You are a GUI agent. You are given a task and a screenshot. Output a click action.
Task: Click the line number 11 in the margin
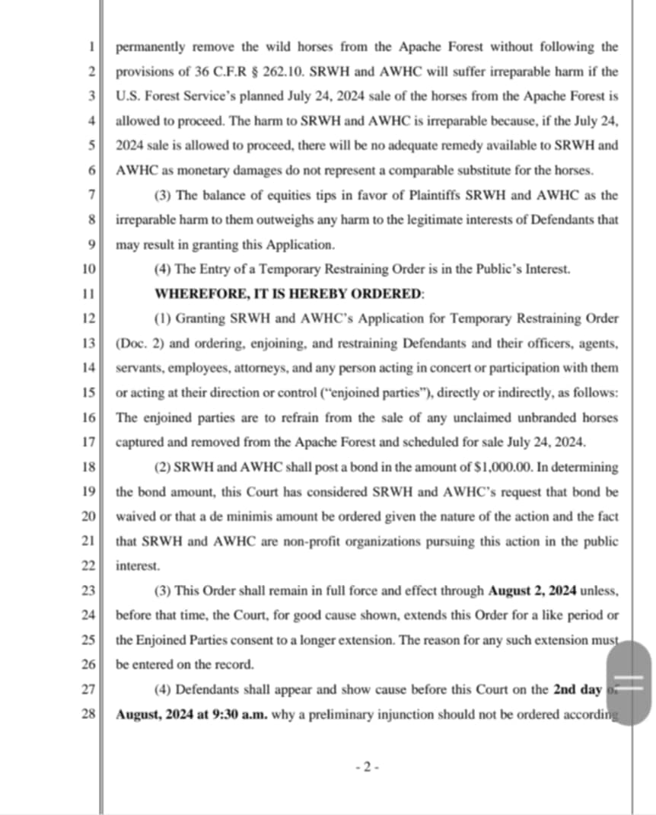point(88,293)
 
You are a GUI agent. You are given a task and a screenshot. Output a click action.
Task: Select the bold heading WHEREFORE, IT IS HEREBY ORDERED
point(290,293)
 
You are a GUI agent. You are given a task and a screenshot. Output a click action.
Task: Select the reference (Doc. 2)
point(136,343)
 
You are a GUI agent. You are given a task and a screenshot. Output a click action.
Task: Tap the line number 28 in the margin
point(88,714)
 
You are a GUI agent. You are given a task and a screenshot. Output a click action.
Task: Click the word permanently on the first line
point(151,46)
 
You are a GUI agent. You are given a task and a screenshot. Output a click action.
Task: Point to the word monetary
point(205,171)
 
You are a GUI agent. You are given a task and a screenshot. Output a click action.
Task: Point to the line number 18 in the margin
point(88,467)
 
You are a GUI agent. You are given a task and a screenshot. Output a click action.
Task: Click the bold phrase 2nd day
point(577,690)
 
